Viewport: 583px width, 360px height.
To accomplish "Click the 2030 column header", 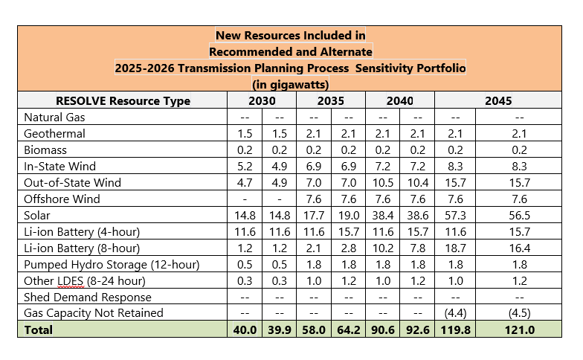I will coord(261,100).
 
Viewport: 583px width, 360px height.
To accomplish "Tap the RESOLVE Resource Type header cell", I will coord(123,100).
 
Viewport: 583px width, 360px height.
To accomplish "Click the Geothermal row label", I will coord(55,134).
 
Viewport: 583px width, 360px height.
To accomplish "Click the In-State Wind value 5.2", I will coord(244,167).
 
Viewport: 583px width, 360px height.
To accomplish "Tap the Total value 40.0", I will coord(244,330).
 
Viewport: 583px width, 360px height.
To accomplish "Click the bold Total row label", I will coord(39,330).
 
